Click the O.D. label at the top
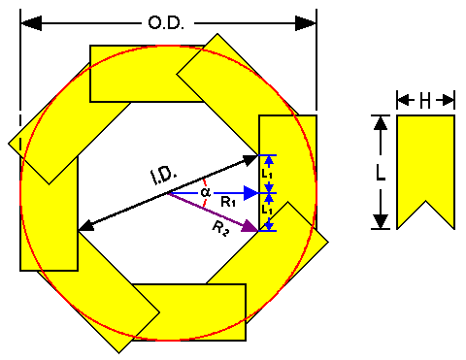click(166, 23)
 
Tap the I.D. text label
click(164, 177)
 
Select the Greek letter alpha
click(206, 192)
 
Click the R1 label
click(228, 203)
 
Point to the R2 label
click(220, 229)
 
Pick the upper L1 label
click(267, 175)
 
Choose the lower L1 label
click(267, 211)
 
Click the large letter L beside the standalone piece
click(381, 174)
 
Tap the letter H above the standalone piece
click(425, 101)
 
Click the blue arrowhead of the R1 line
click(250, 193)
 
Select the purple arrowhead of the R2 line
click(250, 226)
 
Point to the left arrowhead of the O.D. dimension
click(31, 23)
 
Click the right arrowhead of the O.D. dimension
click(306, 23)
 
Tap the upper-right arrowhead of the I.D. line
click(250, 160)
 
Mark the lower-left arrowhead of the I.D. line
click(86, 226)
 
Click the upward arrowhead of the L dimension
click(381, 123)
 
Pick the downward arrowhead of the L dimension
click(381, 221)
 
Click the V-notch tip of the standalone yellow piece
click(425, 201)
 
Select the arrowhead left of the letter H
click(402, 100)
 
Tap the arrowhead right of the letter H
click(449, 100)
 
